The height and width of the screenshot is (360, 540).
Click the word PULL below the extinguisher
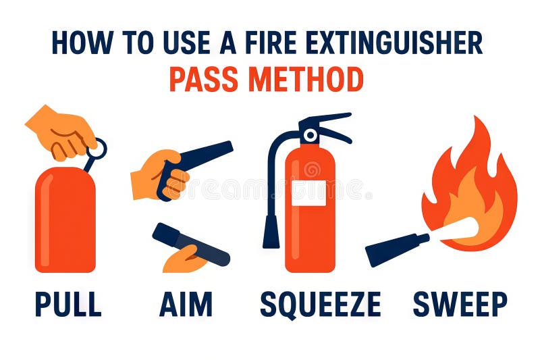click(x=67, y=304)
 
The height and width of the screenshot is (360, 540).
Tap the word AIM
click(x=186, y=304)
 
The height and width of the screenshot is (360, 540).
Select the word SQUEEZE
click(x=320, y=304)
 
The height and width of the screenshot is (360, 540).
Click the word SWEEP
click(x=460, y=304)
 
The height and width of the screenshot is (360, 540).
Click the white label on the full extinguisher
click(x=308, y=192)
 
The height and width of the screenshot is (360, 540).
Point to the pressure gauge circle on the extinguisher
click(x=310, y=135)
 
